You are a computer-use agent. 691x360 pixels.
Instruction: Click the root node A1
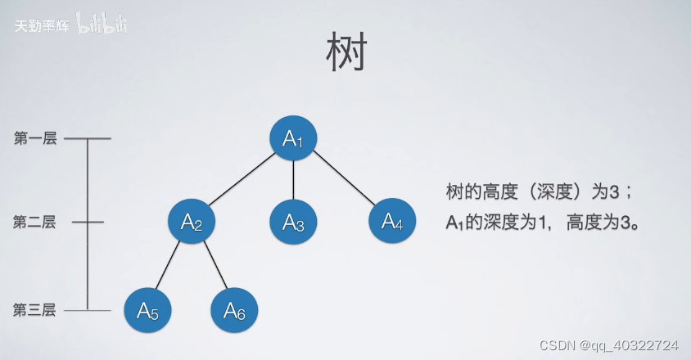(293, 138)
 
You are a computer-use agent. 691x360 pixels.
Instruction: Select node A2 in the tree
(192, 221)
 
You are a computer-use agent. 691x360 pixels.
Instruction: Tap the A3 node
(293, 221)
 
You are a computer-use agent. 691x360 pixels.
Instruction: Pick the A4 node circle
(392, 221)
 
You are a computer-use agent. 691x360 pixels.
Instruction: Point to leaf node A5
(148, 309)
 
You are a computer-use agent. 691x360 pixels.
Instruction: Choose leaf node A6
(234, 309)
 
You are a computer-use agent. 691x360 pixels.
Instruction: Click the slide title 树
(345, 55)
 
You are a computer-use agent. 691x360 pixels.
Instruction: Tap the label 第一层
(35, 139)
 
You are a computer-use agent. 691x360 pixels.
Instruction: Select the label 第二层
(35, 222)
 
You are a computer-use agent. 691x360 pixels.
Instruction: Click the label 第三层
(35, 310)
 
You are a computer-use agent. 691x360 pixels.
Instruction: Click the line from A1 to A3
(293, 180)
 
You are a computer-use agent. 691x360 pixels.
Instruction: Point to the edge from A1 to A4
(343, 180)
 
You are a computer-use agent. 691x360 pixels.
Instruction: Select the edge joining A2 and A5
(169, 265)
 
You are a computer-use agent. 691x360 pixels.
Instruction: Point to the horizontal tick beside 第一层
(88, 139)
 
